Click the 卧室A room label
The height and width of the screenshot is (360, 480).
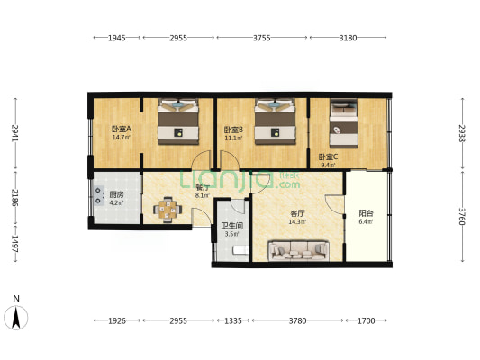[122, 129]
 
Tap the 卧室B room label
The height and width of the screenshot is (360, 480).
[233, 130]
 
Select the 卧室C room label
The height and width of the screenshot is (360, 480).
[328, 157]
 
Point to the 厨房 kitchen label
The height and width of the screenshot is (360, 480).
[117, 194]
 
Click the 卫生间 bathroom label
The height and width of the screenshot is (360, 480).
[232, 226]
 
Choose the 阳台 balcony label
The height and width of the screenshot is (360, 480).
[366, 213]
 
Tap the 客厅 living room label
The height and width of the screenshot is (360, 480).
[297, 213]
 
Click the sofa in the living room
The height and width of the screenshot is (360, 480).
[298, 251]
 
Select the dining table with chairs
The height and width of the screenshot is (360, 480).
[168, 210]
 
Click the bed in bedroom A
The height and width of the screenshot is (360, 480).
[178, 121]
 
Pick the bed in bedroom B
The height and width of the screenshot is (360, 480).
[276, 121]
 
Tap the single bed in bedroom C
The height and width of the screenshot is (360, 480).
[343, 123]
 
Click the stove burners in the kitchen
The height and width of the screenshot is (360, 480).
[98, 195]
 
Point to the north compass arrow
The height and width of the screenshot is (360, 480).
[16, 318]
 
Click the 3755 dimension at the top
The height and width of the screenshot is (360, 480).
[262, 38]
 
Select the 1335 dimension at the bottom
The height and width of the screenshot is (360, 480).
[233, 320]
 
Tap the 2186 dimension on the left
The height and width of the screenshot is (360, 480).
[15, 198]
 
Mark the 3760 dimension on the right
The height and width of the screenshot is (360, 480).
[462, 217]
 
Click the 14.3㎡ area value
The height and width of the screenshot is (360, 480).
[297, 222]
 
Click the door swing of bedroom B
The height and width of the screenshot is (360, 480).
[230, 159]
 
